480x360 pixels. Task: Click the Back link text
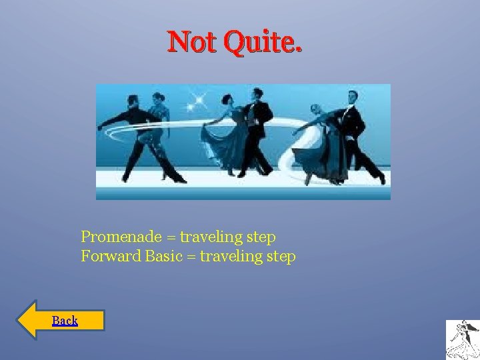(x=65, y=321)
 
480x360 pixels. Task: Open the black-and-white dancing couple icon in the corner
(x=462, y=339)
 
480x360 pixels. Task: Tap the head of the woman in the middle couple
(x=228, y=101)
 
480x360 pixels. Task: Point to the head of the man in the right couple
(x=351, y=97)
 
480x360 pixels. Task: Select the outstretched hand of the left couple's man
(x=101, y=126)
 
